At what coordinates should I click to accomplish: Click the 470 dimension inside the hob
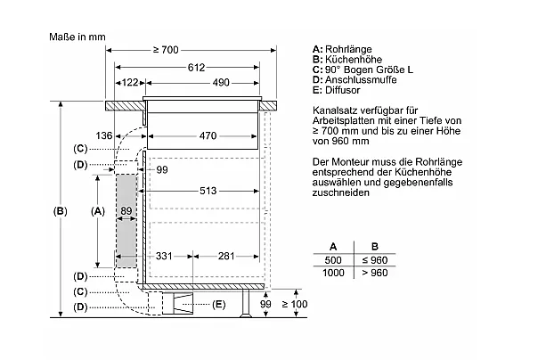(x=208, y=136)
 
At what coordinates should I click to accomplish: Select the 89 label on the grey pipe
(x=126, y=211)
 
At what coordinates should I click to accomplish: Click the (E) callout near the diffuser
(x=219, y=306)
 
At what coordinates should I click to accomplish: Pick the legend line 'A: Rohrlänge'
(x=343, y=48)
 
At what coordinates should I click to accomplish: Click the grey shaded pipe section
(x=127, y=218)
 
